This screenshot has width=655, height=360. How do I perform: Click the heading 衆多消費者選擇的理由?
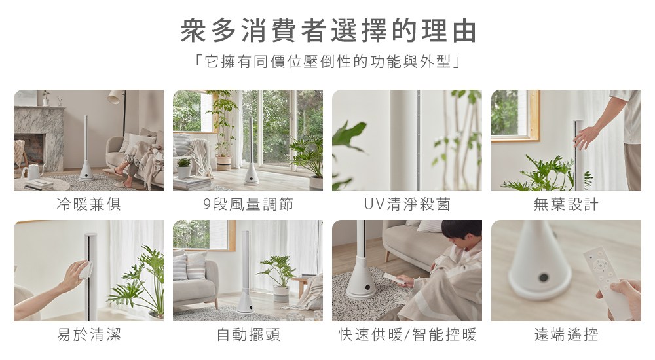pyautogui.click(x=328, y=31)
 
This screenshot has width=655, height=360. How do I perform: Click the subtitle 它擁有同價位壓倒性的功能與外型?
pyautogui.click(x=328, y=62)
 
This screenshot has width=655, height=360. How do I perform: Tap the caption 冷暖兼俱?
pyautogui.click(x=88, y=204)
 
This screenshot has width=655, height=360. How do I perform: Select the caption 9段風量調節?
pyautogui.click(x=248, y=204)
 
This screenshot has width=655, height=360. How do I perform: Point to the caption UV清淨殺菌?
pyautogui.click(x=407, y=204)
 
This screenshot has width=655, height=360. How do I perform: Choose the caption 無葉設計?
pyautogui.click(x=566, y=204)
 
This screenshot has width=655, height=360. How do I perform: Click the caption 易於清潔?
pyautogui.click(x=88, y=334)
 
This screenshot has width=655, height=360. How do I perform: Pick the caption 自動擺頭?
pyautogui.click(x=248, y=334)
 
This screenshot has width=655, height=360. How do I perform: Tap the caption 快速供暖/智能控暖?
pyautogui.click(x=407, y=334)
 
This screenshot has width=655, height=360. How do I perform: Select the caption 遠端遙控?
pyautogui.click(x=566, y=334)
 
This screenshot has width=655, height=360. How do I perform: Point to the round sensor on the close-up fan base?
pyautogui.click(x=544, y=278)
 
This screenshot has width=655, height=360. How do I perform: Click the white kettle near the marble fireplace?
pyautogui.click(x=31, y=171)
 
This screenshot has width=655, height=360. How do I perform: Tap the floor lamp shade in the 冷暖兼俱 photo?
pyautogui.click(x=115, y=97)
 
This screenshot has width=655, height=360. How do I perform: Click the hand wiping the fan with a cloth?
pyautogui.click(x=75, y=275)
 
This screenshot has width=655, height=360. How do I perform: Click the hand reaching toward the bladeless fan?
pyautogui.click(x=586, y=137)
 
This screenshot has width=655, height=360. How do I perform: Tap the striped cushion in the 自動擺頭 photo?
pyautogui.click(x=181, y=267)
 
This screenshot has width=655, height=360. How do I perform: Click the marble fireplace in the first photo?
pyautogui.click(x=39, y=138)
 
